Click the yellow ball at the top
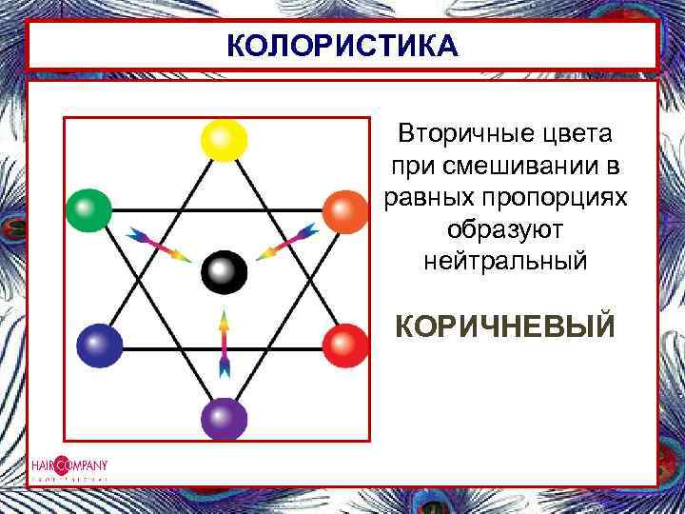[x=224, y=140]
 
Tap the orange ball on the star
[x=345, y=212]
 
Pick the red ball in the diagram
[x=345, y=346]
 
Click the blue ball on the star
[x=100, y=346]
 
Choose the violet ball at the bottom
[x=224, y=418]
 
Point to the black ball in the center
[x=224, y=273]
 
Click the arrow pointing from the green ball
[x=158, y=244]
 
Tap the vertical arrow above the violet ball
[x=225, y=344]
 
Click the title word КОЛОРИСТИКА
[x=342, y=46]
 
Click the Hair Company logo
[x=68, y=467]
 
